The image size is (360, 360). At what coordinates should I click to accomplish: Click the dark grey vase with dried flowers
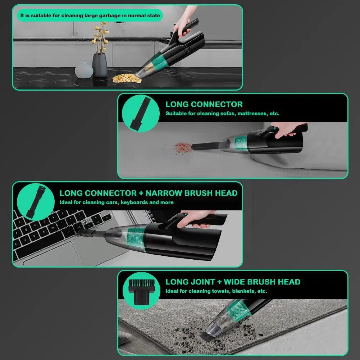100,65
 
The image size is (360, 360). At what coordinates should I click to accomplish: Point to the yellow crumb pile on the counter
127,78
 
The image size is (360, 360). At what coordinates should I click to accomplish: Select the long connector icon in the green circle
141,114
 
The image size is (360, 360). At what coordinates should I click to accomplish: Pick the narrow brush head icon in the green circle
36,202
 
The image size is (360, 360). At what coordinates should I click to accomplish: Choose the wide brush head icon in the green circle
141,291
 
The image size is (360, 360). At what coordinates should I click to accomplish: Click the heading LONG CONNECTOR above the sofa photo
204,104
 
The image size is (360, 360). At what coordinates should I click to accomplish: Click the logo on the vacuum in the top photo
186,50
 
